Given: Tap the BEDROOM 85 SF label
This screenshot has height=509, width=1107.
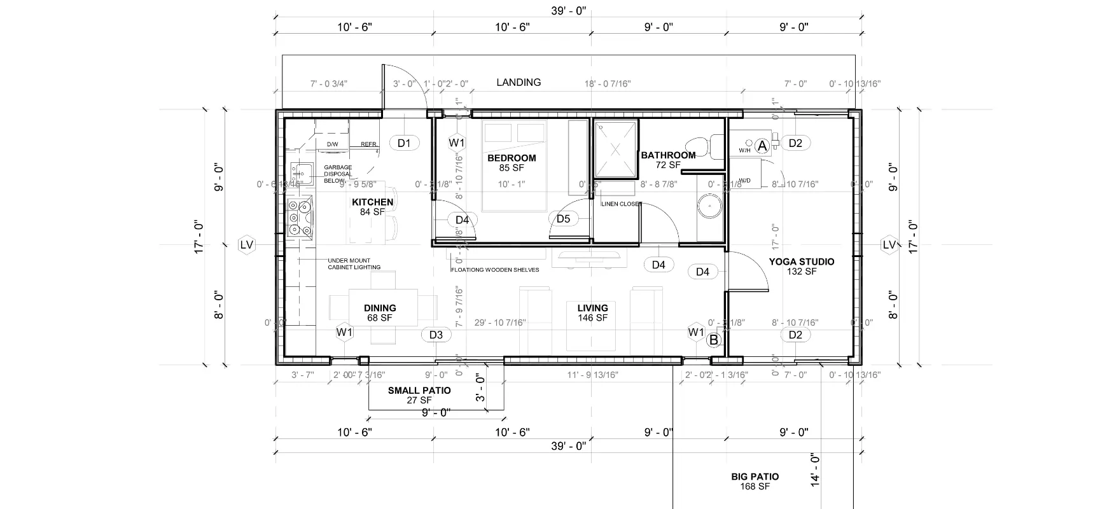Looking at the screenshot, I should [512, 163].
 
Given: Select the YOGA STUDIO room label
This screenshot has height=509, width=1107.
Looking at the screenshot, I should [801, 266].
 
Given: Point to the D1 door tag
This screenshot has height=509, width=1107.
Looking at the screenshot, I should [404, 143].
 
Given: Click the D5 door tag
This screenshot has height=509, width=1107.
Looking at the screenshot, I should [563, 220].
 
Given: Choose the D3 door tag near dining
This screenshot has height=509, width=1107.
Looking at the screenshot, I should [435, 335].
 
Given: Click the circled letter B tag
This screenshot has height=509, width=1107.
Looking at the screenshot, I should [713, 340].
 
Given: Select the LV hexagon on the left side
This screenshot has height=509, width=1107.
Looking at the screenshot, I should [247, 245].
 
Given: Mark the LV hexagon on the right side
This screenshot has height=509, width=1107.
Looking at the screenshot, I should [889, 245].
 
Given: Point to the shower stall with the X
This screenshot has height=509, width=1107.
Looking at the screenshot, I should [615, 149].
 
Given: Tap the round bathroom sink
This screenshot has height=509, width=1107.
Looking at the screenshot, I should [707, 206].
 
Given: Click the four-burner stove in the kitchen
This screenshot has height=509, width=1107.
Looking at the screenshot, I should [300, 218].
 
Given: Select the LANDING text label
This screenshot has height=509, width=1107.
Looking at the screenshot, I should [519, 83].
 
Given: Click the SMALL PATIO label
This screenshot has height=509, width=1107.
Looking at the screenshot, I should [419, 395].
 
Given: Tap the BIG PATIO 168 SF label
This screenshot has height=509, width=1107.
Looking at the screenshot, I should [755, 481].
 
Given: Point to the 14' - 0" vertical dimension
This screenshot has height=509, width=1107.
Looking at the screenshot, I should [816, 470].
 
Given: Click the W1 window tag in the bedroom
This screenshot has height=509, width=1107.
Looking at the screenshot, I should [457, 143].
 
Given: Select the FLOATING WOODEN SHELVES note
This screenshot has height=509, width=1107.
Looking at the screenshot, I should [495, 270].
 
